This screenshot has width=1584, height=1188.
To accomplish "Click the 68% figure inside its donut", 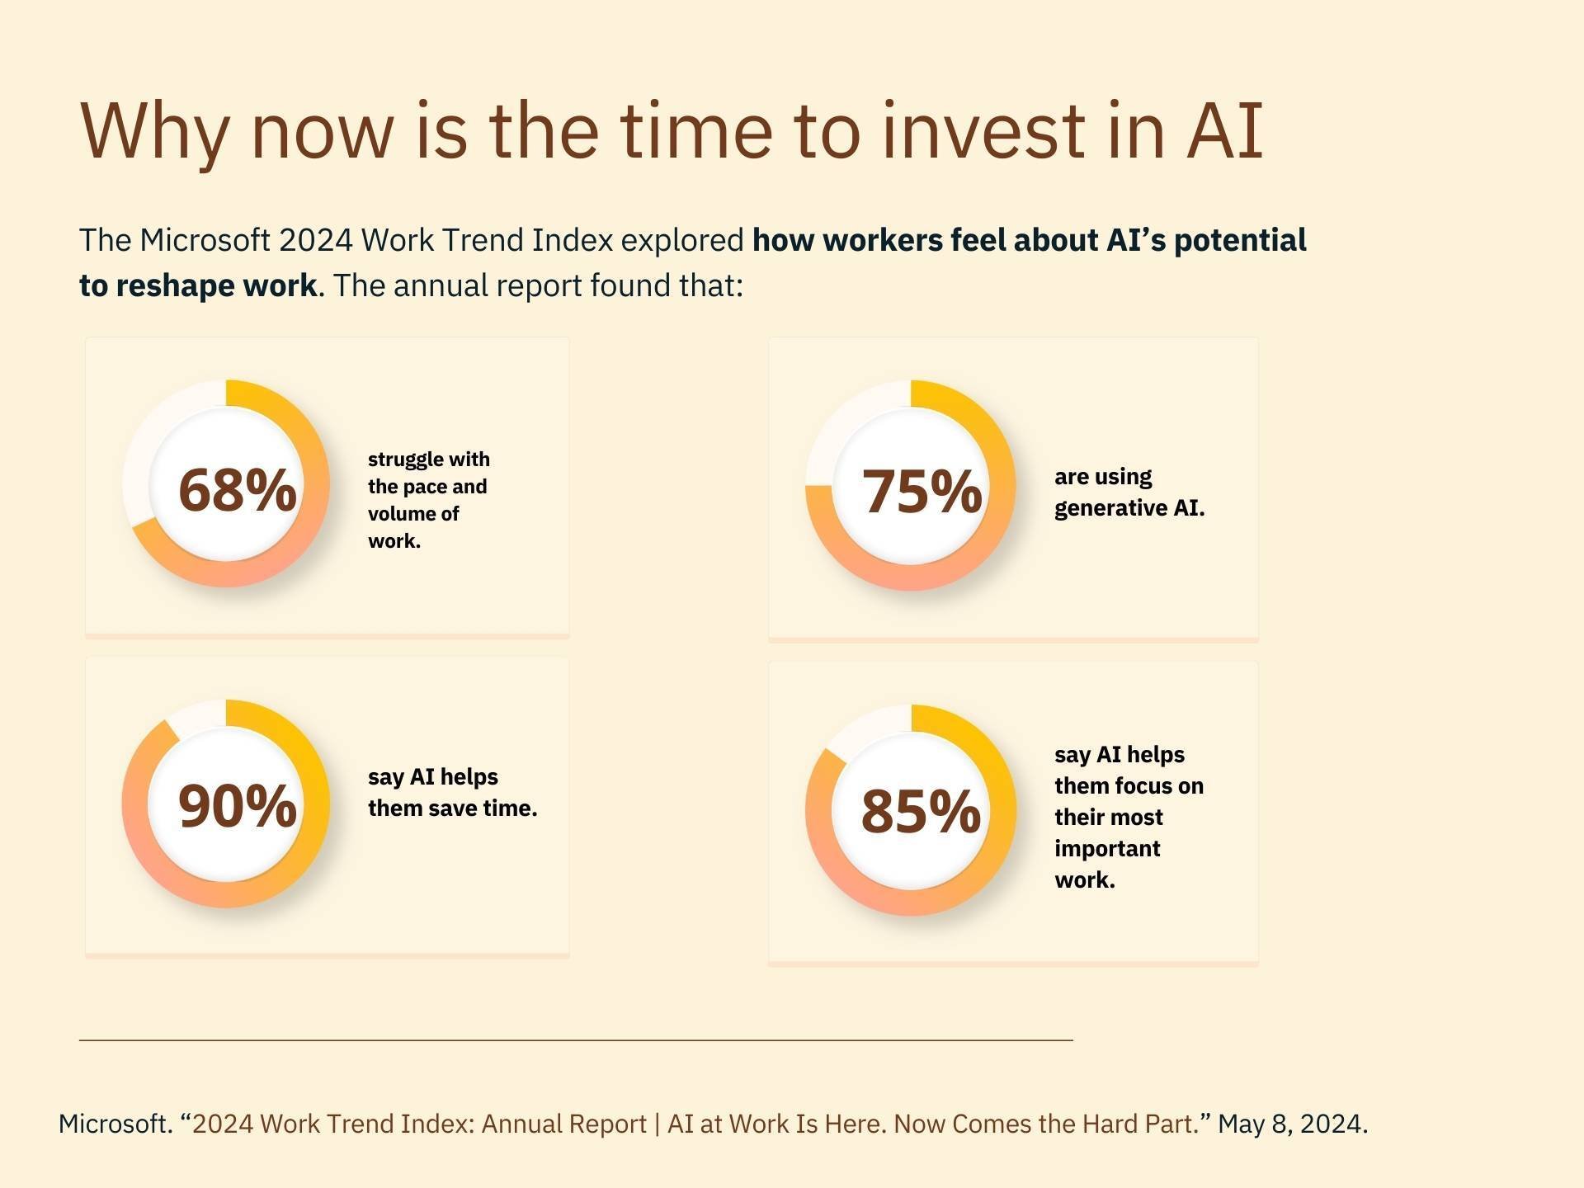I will tap(237, 490).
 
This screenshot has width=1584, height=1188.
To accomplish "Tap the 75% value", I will tap(922, 492).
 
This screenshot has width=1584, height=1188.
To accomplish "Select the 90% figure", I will tap(237, 806).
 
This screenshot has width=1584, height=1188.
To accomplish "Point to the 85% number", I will tap(921, 811).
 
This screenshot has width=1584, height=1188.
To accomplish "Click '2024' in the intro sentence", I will tap(315, 240).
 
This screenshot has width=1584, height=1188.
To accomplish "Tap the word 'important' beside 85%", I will tap(1107, 849).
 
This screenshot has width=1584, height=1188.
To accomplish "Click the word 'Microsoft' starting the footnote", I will tap(113, 1124).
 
